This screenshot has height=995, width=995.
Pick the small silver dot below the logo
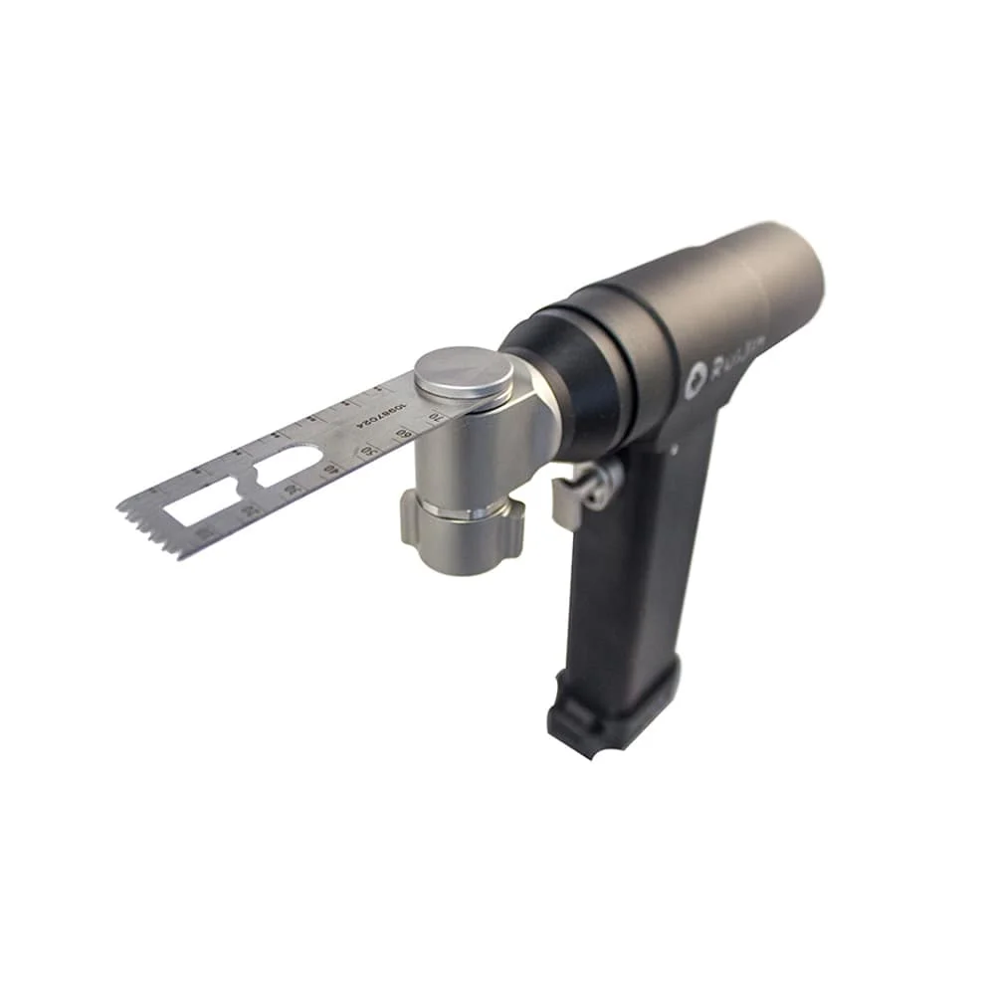[x=675, y=449]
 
